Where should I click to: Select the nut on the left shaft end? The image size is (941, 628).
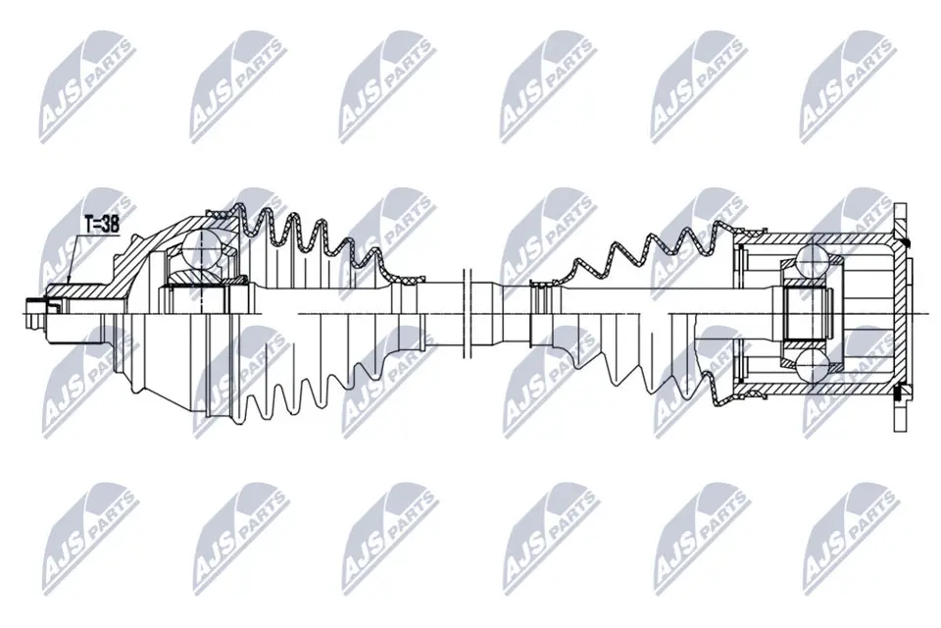[x=36, y=313]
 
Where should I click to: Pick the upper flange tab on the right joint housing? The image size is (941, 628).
[x=899, y=221]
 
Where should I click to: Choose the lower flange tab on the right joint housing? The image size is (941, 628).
[x=899, y=412]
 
